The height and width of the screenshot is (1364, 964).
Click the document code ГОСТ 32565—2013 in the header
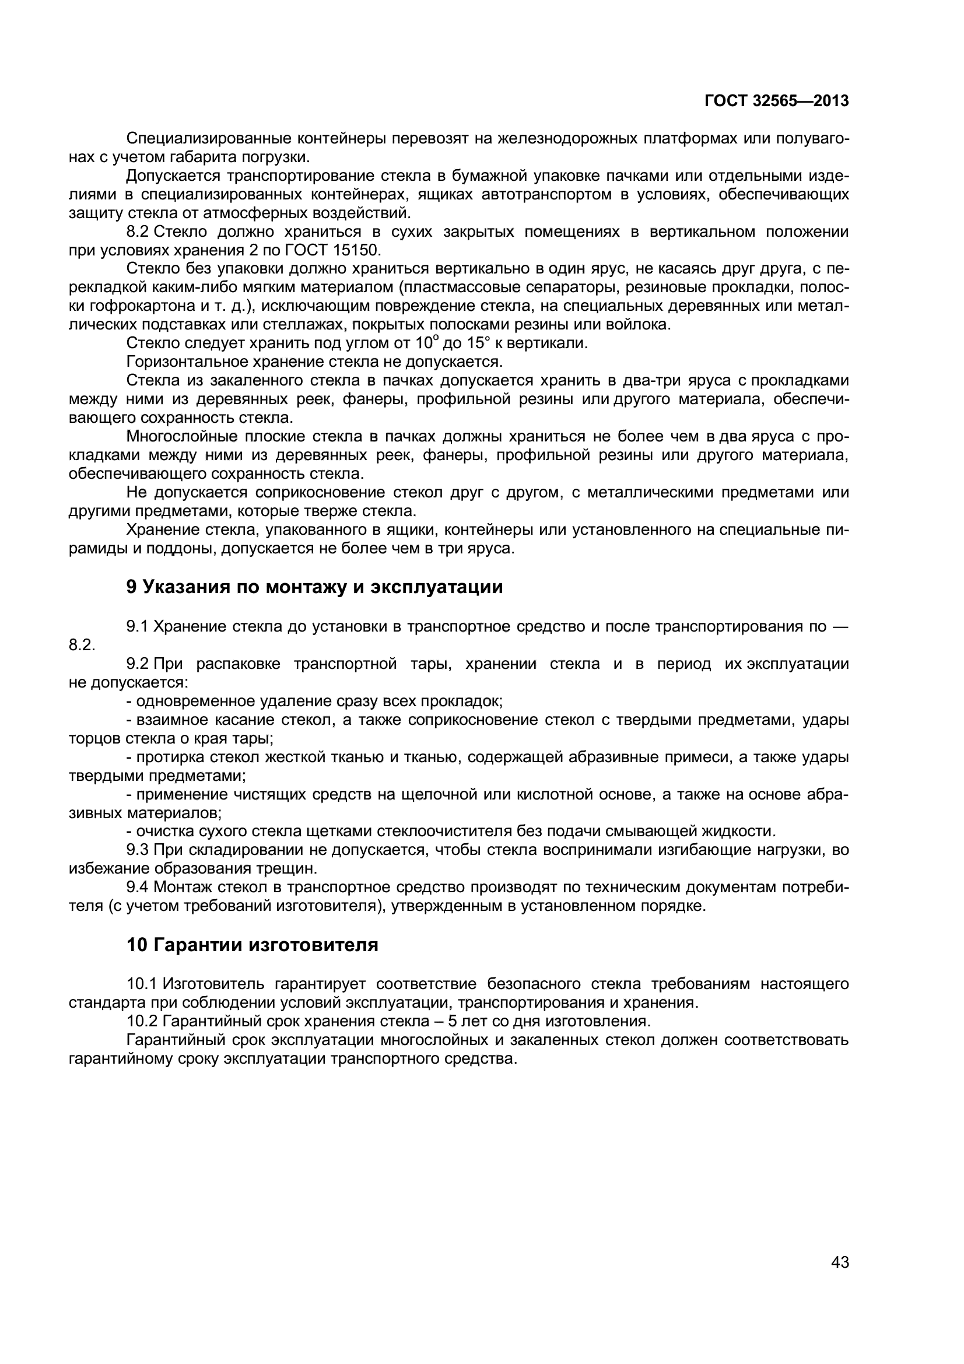[776, 101]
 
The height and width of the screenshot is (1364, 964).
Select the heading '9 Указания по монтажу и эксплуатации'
[314, 587]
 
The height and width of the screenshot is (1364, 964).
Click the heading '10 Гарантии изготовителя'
[252, 945]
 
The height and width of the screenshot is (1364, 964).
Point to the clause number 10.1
[141, 984]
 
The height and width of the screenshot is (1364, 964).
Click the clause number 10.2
[141, 1021]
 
